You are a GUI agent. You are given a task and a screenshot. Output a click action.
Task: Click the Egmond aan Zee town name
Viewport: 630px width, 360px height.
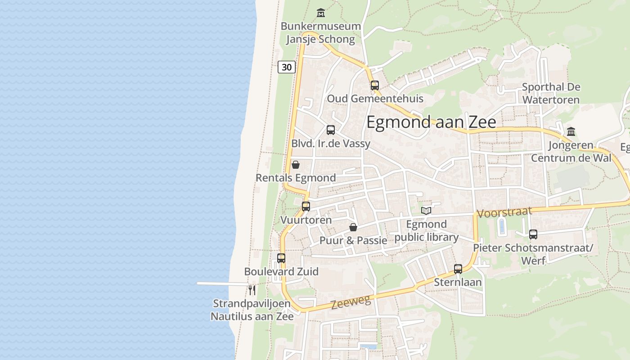pyautogui.click(x=431, y=122)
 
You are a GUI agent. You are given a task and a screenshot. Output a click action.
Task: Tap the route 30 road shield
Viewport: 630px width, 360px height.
pyautogui.click(x=286, y=67)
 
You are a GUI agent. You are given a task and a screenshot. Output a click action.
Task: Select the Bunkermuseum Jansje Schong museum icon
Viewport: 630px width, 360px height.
pyautogui.click(x=320, y=13)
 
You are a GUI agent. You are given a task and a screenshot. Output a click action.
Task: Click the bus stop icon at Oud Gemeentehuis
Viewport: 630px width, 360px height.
pyautogui.click(x=375, y=85)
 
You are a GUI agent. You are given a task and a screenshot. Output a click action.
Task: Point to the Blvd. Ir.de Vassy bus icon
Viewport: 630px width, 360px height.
pyautogui.click(x=331, y=130)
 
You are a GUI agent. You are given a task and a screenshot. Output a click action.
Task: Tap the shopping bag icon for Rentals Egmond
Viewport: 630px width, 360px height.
pyautogui.click(x=296, y=165)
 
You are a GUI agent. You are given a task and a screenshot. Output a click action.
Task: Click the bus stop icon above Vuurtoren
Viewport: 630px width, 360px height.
pyautogui.click(x=306, y=207)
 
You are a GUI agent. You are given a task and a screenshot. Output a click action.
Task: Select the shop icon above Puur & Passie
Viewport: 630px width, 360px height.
pyautogui.click(x=353, y=227)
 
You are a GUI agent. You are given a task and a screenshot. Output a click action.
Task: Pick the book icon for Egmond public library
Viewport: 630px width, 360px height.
pyautogui.click(x=426, y=210)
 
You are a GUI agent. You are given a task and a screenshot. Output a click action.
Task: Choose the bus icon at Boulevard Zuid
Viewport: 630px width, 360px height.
pyautogui.click(x=281, y=258)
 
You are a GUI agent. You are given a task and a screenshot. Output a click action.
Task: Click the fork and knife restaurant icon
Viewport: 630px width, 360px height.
pyautogui.click(x=252, y=290)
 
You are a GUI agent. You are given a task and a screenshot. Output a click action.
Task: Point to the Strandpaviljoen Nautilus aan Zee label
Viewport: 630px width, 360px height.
pyautogui.click(x=252, y=310)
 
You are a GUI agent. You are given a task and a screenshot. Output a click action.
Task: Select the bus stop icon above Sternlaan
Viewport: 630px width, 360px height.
pyautogui.click(x=458, y=269)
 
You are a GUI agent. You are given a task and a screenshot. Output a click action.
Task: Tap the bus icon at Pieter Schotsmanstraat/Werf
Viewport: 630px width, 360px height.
pyautogui.click(x=533, y=234)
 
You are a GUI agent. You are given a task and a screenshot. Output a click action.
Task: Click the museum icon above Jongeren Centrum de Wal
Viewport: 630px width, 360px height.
pyautogui.click(x=571, y=132)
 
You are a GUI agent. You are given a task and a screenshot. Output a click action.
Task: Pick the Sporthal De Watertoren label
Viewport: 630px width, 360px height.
pyautogui.click(x=551, y=93)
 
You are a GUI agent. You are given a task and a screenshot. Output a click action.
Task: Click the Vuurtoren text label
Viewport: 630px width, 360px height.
pyautogui.click(x=306, y=220)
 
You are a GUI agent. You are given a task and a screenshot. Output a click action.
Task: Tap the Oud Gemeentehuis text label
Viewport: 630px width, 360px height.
pyautogui.click(x=375, y=99)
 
